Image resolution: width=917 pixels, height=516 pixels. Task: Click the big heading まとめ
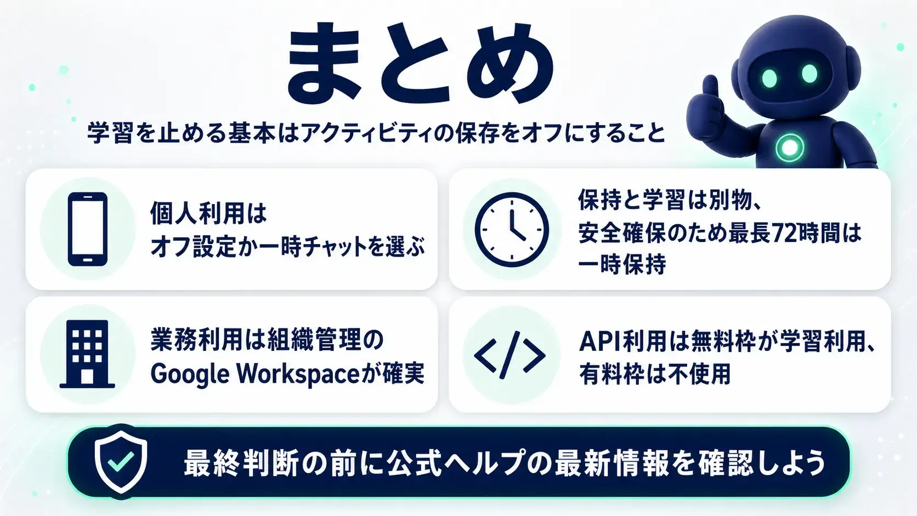421,62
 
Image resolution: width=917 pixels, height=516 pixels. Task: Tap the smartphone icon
88,229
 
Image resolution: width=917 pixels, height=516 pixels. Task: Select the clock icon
512,230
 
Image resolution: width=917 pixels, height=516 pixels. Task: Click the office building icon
87,354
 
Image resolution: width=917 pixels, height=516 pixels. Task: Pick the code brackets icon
510,355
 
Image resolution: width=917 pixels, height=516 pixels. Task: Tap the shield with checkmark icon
121,462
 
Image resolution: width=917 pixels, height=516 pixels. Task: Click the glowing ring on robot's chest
789,147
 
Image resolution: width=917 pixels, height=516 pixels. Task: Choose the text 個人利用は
208,214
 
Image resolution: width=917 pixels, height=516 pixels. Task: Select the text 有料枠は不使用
655,373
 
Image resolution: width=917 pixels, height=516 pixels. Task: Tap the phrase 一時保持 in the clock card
622,264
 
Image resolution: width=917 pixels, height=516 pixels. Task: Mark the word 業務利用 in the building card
197,341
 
